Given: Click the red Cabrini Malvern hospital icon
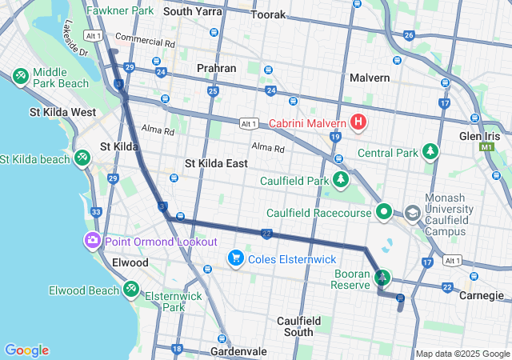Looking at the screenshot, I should click(358, 123).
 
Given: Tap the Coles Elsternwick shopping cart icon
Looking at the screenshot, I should click(235, 258).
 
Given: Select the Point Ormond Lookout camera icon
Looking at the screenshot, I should click(93, 241).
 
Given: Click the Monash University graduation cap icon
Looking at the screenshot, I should click(412, 214).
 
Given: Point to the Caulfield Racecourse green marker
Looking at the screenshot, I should click(384, 213).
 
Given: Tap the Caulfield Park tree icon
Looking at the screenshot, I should click(342, 178).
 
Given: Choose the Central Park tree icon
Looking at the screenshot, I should click(431, 150).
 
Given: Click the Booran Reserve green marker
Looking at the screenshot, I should click(383, 278).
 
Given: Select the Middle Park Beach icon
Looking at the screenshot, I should click(21, 76).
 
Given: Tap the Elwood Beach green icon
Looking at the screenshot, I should click(131, 290).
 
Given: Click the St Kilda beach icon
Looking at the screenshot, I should click(82, 158).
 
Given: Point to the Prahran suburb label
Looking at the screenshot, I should click(217, 69).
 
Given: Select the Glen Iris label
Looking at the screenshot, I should click(479, 136).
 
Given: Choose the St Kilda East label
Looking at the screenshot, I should click(216, 163).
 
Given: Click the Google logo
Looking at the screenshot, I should click(26, 350).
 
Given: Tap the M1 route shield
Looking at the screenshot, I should click(486, 148).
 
